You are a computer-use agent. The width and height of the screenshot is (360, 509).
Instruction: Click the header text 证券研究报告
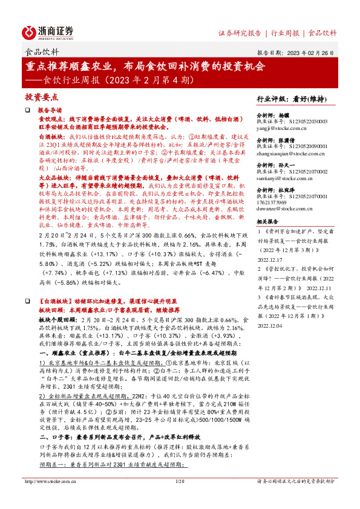[240, 33]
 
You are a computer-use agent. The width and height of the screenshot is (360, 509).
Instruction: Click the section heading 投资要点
[41, 97]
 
